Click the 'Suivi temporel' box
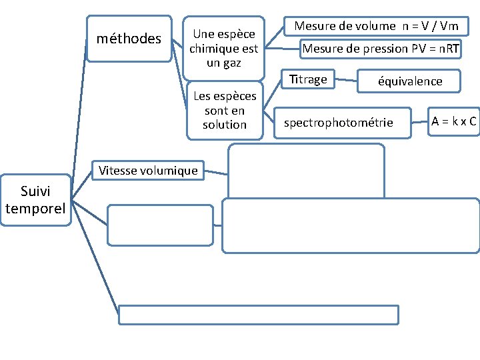35,201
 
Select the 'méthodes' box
129,39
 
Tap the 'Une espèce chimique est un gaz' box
223,48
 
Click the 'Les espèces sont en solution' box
225,110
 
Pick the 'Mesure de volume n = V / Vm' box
376,26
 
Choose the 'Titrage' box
308,79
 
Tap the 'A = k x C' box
453,121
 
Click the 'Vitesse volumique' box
148,171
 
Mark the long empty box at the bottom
259,314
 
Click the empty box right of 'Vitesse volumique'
306,171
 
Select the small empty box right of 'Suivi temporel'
160,225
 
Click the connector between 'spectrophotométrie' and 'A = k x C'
419,122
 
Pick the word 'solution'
225,125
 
